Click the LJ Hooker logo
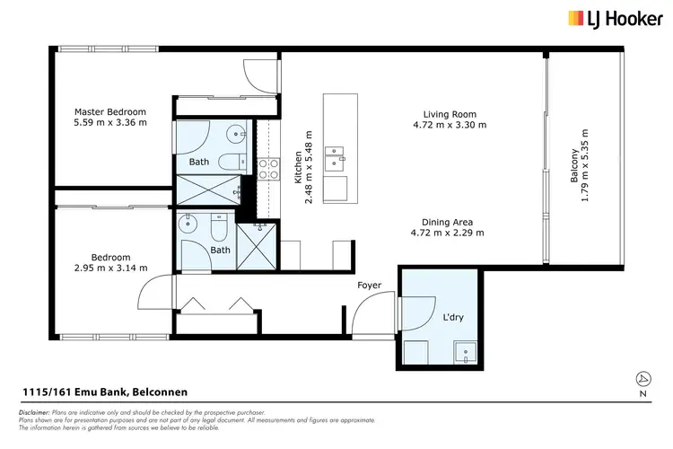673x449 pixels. click(613, 18)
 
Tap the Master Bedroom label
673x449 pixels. click(109, 112)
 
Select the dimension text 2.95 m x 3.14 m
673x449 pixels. click(109, 268)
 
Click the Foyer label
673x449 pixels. click(369, 286)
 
